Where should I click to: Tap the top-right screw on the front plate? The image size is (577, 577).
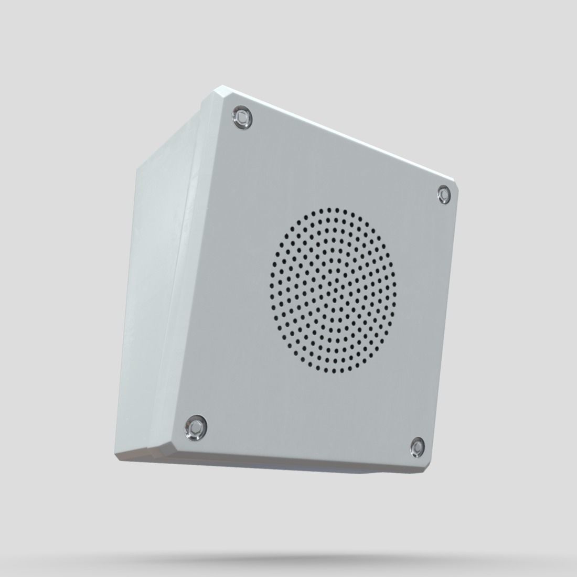tap(444, 195)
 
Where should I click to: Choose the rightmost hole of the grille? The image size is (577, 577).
tap(394, 294)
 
